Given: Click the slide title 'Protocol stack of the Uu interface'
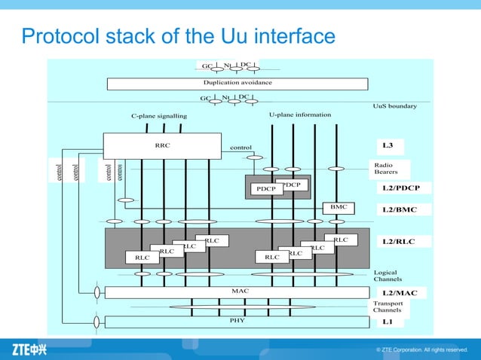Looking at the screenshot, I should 178,35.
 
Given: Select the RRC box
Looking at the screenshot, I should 162,145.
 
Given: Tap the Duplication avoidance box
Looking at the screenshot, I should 237,83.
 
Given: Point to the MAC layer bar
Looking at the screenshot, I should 237,291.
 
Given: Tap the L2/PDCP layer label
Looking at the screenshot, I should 406,188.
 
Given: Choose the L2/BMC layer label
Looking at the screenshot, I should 404,209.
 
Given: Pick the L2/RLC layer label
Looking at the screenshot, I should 403,241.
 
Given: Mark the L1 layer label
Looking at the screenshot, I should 388,322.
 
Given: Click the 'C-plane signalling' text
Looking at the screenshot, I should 158,116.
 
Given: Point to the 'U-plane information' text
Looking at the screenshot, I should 300,114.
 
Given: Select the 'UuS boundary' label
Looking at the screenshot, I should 394,106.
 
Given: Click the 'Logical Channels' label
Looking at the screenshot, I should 388,276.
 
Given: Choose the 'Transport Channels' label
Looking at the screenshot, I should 388,307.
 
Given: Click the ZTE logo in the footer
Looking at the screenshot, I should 29,349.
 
